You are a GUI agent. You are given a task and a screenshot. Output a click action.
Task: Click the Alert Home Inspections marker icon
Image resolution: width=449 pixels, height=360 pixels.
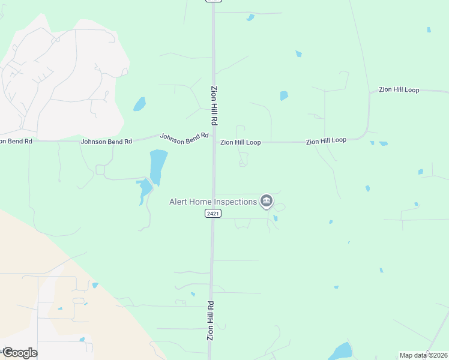267,201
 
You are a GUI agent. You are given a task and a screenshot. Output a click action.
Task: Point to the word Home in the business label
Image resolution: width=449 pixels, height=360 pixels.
203,202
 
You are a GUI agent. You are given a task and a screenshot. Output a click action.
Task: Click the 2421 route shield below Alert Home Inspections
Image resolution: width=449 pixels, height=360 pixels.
212,214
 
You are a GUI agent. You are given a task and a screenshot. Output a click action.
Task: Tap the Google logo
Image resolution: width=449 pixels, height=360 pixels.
20,353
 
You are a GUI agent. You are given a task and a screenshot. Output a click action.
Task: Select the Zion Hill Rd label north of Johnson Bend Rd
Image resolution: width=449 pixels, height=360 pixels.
214,105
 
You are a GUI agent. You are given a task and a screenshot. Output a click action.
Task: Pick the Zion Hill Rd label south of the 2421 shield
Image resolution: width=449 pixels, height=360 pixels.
210,320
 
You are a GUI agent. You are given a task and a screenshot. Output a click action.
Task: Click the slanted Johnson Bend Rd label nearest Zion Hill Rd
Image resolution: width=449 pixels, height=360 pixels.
184,137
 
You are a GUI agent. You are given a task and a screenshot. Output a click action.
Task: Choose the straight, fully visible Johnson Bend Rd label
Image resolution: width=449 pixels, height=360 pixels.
106,142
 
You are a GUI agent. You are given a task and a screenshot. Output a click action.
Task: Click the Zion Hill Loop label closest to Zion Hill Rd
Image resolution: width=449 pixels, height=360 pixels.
240,143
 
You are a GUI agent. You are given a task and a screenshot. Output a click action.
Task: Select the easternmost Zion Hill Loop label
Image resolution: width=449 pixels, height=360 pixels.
399,90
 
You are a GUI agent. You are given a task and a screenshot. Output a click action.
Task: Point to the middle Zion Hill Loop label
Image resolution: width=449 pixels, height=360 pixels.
326,140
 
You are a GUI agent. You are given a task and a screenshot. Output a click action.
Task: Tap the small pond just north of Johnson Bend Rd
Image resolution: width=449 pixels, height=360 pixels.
140,104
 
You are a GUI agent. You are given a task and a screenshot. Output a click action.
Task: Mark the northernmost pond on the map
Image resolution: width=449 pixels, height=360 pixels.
250,17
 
